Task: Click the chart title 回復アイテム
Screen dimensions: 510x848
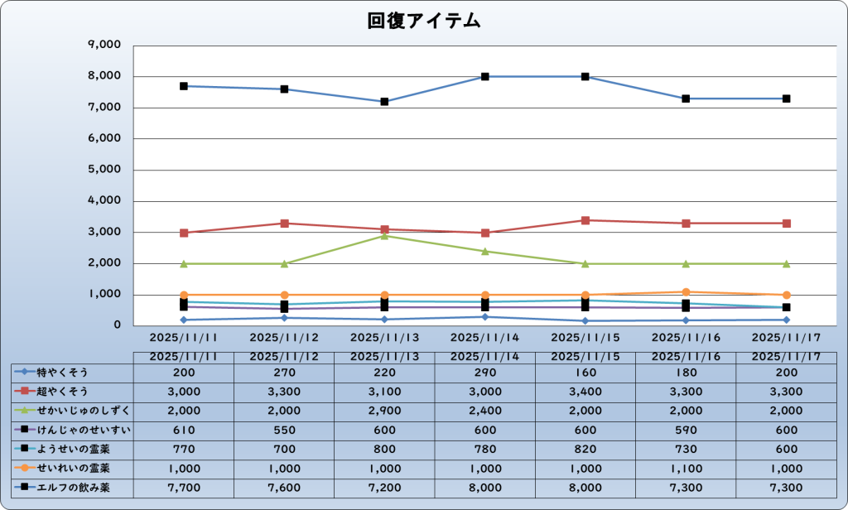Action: [x=424, y=22]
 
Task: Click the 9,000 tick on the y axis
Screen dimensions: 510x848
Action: [x=104, y=45]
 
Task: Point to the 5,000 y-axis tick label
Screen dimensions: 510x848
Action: [x=104, y=170]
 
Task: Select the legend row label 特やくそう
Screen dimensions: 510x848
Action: [x=63, y=372]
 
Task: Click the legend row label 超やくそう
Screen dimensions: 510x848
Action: [x=63, y=391]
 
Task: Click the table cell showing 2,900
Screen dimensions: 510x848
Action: [x=385, y=411]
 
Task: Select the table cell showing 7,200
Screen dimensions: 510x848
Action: [x=385, y=488]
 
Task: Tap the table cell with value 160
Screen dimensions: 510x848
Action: [x=585, y=372]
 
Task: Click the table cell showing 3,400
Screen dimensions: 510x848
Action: [x=585, y=391]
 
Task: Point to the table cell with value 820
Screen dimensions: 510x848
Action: [x=585, y=450]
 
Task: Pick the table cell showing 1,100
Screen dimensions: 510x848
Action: [x=686, y=469]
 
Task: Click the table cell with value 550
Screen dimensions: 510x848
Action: [x=284, y=430]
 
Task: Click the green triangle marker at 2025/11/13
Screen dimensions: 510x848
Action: [x=385, y=236]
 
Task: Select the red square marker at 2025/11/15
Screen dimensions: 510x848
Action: [x=585, y=220]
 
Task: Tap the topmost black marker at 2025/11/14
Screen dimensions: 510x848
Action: [x=485, y=76]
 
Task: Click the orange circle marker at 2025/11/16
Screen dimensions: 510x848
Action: [x=686, y=291]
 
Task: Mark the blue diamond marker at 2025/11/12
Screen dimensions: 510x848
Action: [x=284, y=317]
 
